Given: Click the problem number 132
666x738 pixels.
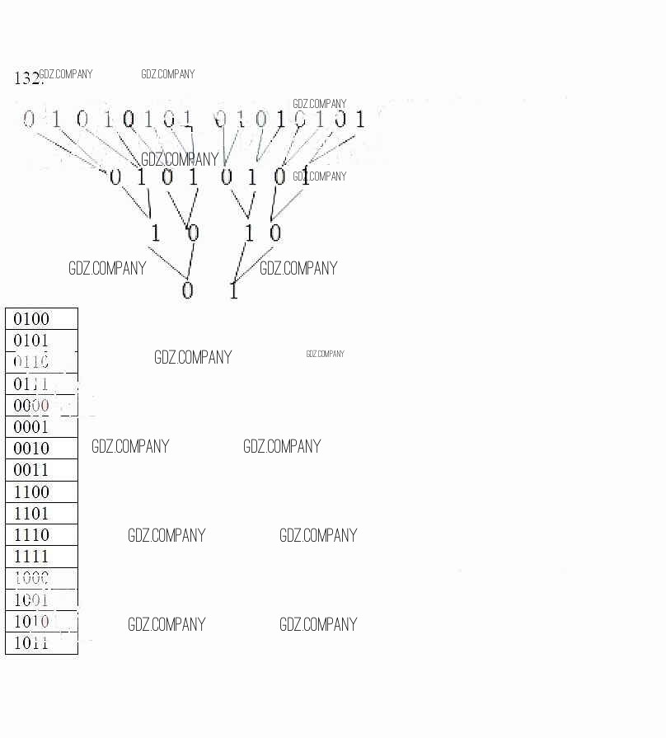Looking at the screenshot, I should pyautogui.click(x=26, y=78).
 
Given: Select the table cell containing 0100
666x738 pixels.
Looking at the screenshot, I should pyautogui.click(x=41, y=319).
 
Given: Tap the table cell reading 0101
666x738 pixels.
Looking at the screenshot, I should pyautogui.click(x=41, y=341).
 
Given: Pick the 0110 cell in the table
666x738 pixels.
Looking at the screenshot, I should pyautogui.click(x=41, y=362).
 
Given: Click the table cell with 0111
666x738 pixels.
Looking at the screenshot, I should pyautogui.click(x=41, y=383).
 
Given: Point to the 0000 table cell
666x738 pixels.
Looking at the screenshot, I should pyautogui.click(x=41, y=406).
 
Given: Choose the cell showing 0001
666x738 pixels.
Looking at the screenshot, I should pyautogui.click(x=41, y=427).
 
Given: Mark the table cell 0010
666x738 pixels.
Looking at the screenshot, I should pyautogui.click(x=41, y=449).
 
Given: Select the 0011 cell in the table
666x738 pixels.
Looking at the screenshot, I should pyautogui.click(x=41, y=470).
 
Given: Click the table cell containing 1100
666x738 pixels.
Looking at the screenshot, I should pyautogui.click(x=41, y=492).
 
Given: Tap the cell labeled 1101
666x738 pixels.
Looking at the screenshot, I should pyautogui.click(x=41, y=514).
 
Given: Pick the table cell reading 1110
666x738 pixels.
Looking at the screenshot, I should pyautogui.click(x=41, y=535).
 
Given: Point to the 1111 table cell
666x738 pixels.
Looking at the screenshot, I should pyautogui.click(x=41, y=557).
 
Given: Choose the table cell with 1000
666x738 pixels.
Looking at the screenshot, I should pyautogui.click(x=41, y=578).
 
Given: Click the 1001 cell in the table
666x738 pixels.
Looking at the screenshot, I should pyautogui.click(x=41, y=600).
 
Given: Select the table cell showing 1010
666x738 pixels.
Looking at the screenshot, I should pyautogui.click(x=41, y=622).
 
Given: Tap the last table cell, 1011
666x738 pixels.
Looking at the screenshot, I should pyautogui.click(x=41, y=643).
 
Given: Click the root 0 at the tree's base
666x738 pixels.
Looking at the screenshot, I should pyautogui.click(x=187, y=290).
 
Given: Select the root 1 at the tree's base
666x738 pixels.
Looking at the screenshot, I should pyautogui.click(x=233, y=290).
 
